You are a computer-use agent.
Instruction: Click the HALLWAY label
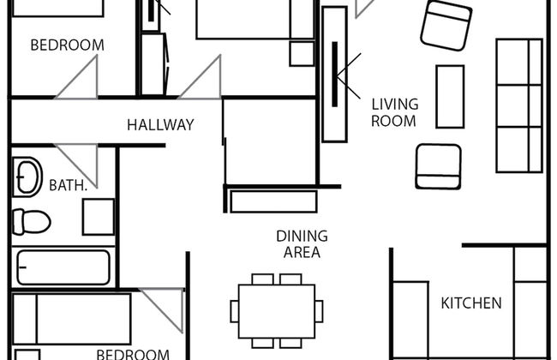pos(160,125)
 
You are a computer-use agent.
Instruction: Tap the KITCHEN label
pos(471,303)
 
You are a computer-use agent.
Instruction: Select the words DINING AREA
pos(302,244)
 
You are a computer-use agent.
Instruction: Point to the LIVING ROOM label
pos(394,112)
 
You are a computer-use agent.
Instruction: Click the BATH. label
pos(68,185)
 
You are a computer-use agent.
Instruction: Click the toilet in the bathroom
pos(31,222)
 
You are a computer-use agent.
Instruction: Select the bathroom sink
pos(27,177)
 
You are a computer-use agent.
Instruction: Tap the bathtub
pos(63,267)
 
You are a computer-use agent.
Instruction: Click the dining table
pos(277,311)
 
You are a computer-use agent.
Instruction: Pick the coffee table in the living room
pos(450,96)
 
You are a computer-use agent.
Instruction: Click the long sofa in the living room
pos(519,105)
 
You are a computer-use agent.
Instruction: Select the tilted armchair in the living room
pos(446,25)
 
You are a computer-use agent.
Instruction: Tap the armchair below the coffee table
pos(439,166)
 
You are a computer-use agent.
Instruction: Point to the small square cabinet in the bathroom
pos(99,217)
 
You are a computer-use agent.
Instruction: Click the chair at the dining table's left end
pos(235,311)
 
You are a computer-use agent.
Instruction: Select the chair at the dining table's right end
pos(319,311)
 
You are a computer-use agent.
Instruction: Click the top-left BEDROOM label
pos(67,45)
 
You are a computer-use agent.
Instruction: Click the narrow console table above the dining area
pos(273,201)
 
